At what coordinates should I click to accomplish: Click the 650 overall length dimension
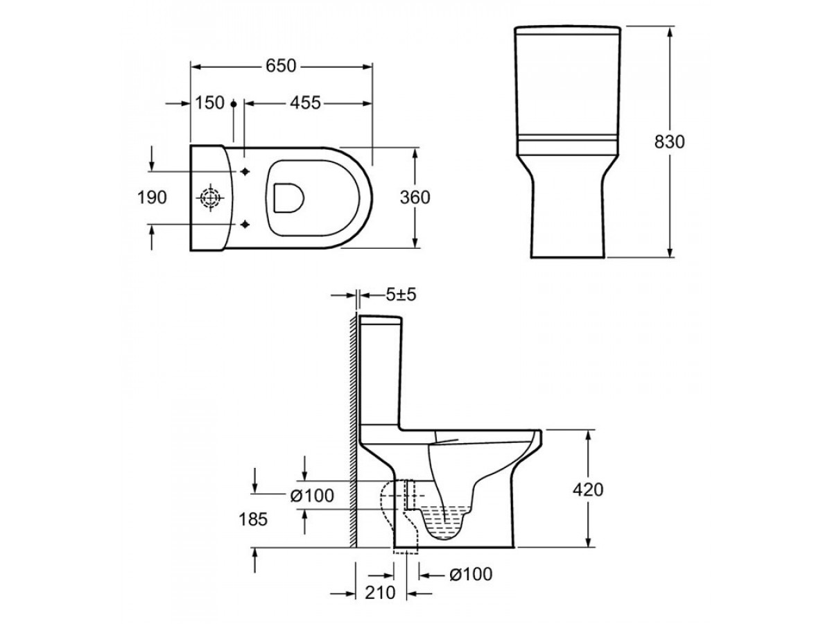(280, 67)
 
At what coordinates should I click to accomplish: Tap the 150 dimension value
(209, 103)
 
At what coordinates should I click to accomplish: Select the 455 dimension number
(306, 103)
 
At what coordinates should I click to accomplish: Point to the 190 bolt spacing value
(152, 198)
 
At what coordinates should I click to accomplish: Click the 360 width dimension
(415, 198)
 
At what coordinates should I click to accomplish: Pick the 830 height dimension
(669, 142)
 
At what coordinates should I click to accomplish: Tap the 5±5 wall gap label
(401, 295)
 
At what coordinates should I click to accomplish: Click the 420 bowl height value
(588, 490)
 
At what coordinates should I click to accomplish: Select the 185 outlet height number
(253, 519)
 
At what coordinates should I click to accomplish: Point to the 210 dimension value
(380, 593)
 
